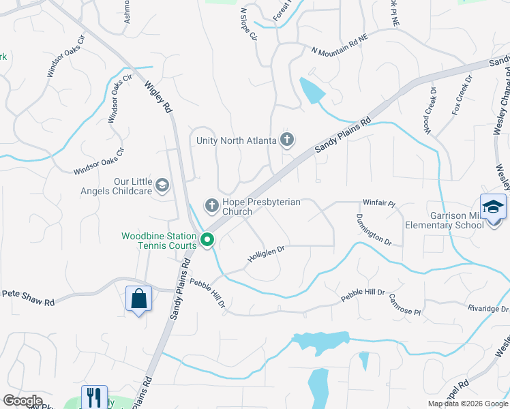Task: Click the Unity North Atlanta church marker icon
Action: [x=287, y=140]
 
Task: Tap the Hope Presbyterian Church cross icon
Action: [x=212, y=205]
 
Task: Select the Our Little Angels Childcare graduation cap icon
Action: [x=162, y=185]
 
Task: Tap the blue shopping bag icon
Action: [x=138, y=299]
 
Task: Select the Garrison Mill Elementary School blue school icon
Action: [x=493, y=207]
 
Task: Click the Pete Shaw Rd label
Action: [x=28, y=293]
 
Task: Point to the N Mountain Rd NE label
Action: [x=339, y=51]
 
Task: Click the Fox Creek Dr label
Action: [x=462, y=95]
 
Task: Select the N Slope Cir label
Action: [x=248, y=23]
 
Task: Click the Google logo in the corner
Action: [x=22, y=401]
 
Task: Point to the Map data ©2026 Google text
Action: [x=467, y=404]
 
